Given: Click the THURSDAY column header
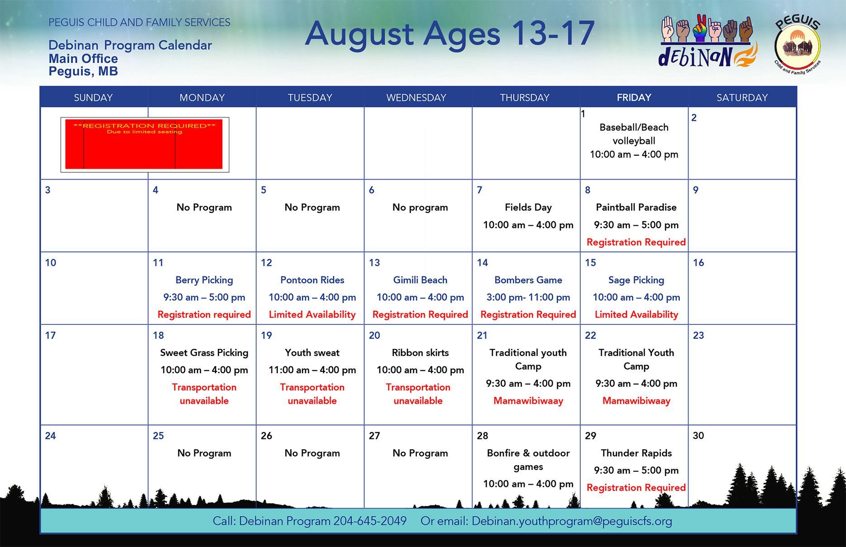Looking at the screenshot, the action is (x=525, y=97).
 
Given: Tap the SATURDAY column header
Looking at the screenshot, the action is (x=742, y=97).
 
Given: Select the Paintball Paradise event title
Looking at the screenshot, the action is (x=636, y=207).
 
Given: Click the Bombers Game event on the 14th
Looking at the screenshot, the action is (x=528, y=280).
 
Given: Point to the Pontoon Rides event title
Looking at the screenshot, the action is (x=312, y=280).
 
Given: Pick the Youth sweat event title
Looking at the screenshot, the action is (x=312, y=352).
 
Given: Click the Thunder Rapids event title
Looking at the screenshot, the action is (x=636, y=453).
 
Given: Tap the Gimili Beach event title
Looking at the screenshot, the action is (x=420, y=280).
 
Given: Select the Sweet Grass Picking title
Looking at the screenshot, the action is (x=204, y=352).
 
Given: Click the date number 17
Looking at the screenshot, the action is (x=50, y=335).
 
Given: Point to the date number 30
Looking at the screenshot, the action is (x=698, y=435).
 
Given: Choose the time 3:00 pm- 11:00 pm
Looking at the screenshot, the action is (x=528, y=297).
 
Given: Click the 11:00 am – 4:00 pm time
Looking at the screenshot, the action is (x=312, y=370).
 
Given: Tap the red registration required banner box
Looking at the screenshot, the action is (x=144, y=144).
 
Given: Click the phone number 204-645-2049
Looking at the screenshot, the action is (x=370, y=521).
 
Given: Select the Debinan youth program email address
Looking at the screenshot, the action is (x=572, y=521).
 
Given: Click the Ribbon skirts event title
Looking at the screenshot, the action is (x=420, y=352).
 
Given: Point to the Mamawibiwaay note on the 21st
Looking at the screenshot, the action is (x=528, y=401).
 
